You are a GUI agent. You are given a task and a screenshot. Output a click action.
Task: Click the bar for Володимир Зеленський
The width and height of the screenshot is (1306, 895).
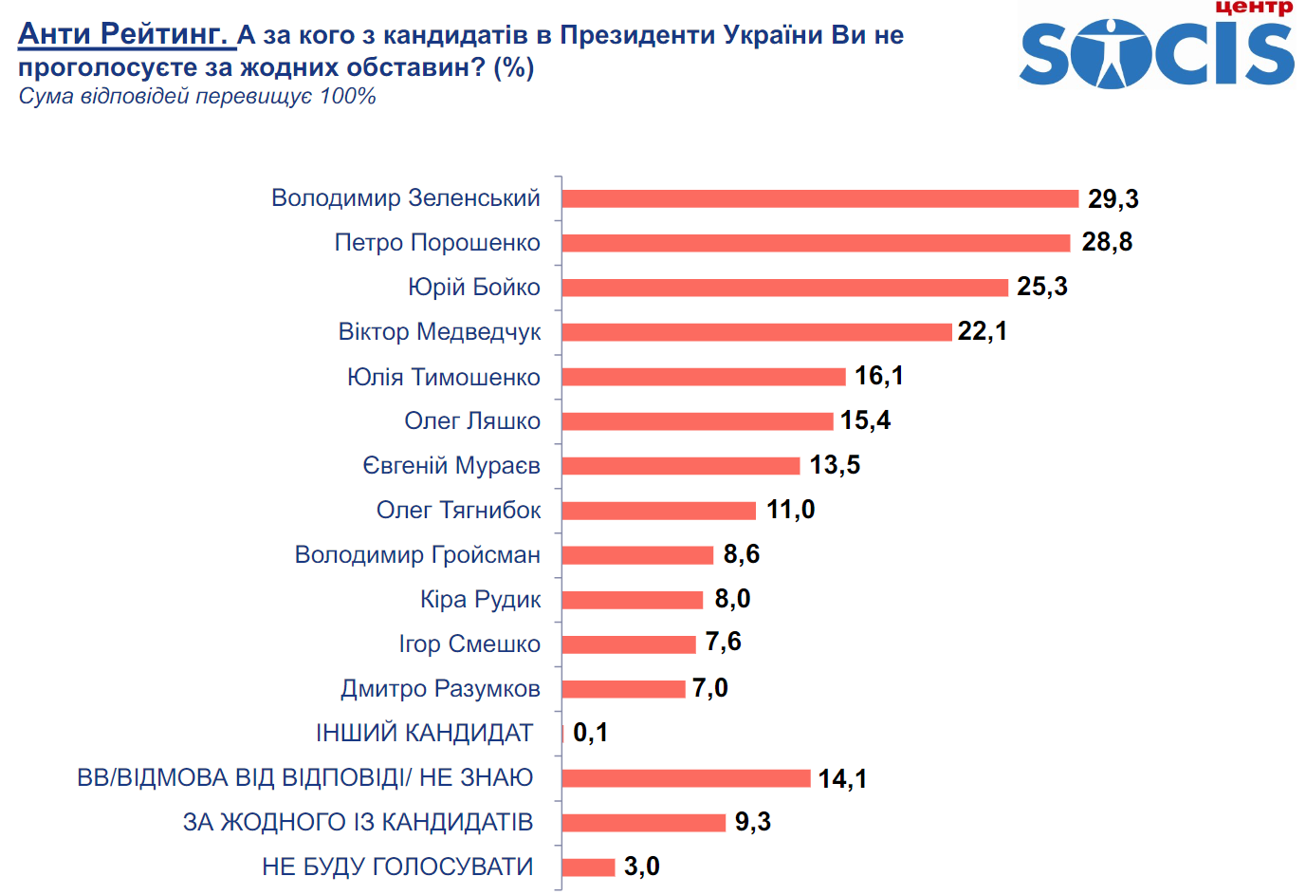[819, 198]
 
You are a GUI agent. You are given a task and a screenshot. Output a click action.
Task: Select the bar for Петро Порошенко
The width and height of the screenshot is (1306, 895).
[816, 243]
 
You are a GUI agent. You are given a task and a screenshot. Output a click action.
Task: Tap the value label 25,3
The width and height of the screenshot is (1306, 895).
[1041, 287]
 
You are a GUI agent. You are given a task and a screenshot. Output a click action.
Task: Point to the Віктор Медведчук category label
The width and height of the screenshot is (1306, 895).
[439, 332]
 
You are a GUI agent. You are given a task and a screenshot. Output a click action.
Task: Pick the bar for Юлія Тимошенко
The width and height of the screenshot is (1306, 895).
[703, 377]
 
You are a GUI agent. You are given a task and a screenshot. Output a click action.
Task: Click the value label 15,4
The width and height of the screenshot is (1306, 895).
[865, 420]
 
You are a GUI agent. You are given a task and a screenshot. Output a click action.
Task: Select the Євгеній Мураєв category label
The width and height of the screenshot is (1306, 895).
[451, 466]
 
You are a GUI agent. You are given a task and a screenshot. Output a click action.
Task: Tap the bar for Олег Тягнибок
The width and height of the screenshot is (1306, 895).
[658, 511]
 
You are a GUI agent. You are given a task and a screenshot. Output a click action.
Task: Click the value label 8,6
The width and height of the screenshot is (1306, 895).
[741, 554]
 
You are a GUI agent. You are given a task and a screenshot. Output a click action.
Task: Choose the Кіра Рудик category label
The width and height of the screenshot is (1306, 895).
[480, 600]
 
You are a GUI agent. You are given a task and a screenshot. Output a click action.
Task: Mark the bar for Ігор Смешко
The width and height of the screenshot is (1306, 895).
[628, 644]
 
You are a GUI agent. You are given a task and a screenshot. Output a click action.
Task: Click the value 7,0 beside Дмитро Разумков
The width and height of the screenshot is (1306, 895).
[709, 688]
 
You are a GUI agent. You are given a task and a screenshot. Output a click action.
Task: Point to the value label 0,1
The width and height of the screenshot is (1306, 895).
[590, 733]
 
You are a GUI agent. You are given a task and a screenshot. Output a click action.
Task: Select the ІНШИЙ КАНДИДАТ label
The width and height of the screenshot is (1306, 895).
[424, 734]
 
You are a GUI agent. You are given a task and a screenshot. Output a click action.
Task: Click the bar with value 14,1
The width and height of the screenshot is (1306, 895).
[686, 778]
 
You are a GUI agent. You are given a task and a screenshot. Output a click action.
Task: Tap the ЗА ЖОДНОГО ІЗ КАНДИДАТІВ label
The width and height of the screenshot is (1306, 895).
[358, 822]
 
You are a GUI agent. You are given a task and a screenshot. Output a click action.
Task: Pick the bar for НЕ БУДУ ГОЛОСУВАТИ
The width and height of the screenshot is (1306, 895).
[588, 867]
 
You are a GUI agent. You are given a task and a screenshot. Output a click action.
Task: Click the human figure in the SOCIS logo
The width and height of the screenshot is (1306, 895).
[1109, 53]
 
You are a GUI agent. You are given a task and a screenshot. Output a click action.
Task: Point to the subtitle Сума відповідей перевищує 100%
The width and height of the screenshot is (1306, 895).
[197, 97]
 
